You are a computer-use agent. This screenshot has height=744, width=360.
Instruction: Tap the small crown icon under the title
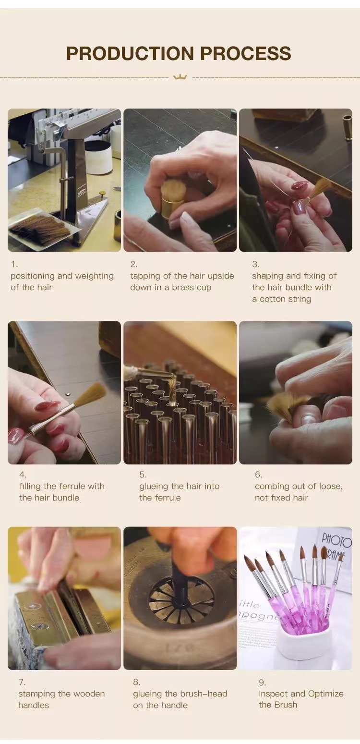pyautogui.click(x=180, y=77)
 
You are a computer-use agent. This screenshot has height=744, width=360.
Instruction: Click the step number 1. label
pyautogui.click(x=14, y=264)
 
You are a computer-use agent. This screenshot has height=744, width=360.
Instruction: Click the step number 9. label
pyautogui.click(x=262, y=683)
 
